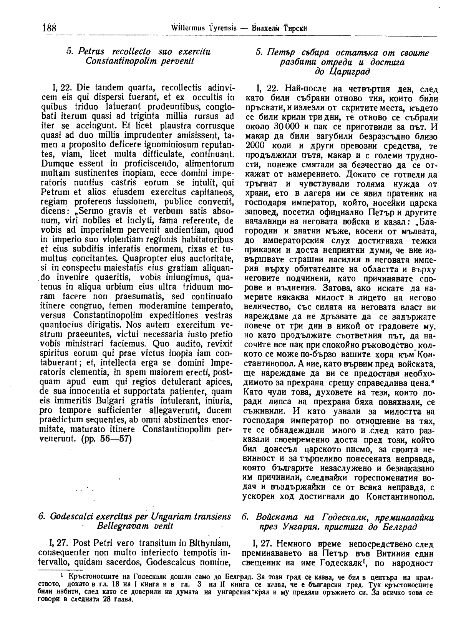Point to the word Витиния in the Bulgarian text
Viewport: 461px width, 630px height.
(x=391, y=554)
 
